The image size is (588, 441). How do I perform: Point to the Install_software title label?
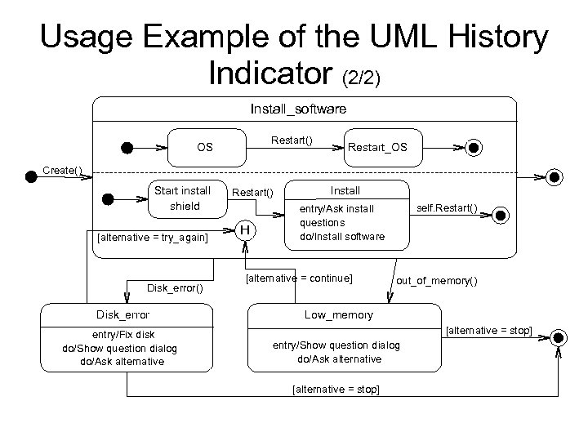pyautogui.click(x=297, y=108)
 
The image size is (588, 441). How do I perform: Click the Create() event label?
pyautogui.click(x=62, y=171)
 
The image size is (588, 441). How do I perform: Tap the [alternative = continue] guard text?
pyautogui.click(x=299, y=278)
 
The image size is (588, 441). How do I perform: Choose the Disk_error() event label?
pyautogui.click(x=175, y=287)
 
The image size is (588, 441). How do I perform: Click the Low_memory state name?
pyautogui.click(x=338, y=314)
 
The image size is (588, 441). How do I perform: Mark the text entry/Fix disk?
pyautogui.click(x=122, y=335)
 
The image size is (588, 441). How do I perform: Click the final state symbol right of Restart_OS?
pyautogui.click(x=474, y=148)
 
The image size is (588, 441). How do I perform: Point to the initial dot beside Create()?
pyautogui.click(x=31, y=177)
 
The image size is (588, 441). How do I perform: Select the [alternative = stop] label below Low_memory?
pyautogui.click(x=335, y=389)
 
